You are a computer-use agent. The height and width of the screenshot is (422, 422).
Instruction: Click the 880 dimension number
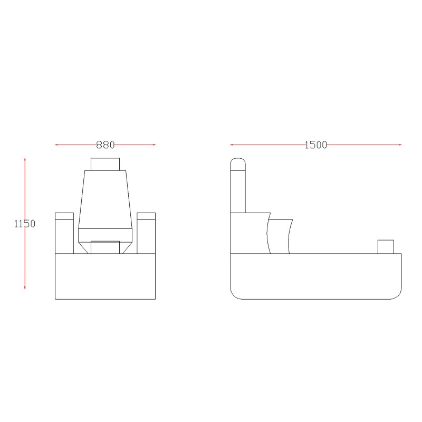click(105, 145)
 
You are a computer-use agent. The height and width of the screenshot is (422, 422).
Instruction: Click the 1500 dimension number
click(315, 145)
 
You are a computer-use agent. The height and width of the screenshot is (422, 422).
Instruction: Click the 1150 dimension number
click(25, 224)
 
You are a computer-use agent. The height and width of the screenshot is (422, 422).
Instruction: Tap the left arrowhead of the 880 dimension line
click(56, 145)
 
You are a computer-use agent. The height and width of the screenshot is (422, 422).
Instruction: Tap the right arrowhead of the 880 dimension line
click(154, 145)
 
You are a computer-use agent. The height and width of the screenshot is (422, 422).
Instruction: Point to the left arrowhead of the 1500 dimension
click(232, 145)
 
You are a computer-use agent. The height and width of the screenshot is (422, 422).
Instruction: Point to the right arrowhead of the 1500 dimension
click(400, 145)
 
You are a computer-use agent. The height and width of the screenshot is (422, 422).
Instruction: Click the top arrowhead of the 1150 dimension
click(25, 160)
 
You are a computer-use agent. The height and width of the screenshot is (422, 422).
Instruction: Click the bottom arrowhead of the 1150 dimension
click(25, 287)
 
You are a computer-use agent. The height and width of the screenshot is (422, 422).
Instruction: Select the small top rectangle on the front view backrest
click(105, 164)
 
